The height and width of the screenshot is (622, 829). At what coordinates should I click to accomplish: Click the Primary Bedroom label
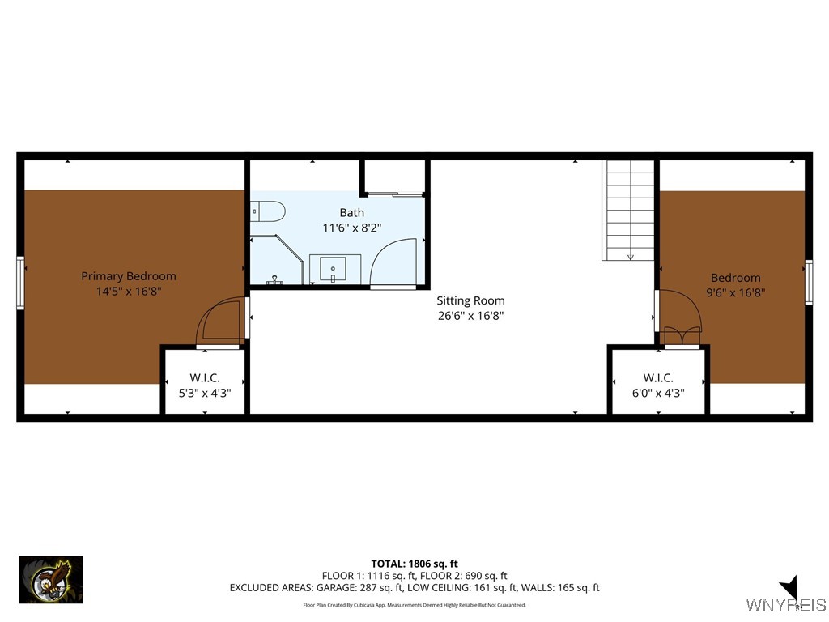tap(129, 276)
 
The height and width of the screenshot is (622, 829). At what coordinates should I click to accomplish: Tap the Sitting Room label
tap(470, 300)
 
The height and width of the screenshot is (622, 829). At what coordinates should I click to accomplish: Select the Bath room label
tap(351, 213)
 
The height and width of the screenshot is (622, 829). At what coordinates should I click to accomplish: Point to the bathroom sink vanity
tap(334, 269)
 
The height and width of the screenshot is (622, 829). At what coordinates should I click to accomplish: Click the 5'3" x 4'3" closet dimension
tap(205, 393)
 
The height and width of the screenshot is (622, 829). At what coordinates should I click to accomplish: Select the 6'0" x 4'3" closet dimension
tap(658, 393)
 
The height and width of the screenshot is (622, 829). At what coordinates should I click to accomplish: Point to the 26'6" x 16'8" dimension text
tap(470, 316)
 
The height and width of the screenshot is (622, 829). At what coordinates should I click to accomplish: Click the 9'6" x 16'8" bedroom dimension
tap(736, 292)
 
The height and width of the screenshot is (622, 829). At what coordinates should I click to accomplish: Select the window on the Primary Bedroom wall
tap(20, 283)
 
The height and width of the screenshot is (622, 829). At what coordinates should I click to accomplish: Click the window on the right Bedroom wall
tap(809, 283)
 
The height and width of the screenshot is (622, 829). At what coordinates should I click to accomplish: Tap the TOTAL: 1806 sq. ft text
tap(414, 564)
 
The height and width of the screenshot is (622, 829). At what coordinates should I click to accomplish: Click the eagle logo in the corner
tap(51, 580)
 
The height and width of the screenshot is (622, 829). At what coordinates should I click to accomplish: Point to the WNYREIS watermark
tap(786, 604)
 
